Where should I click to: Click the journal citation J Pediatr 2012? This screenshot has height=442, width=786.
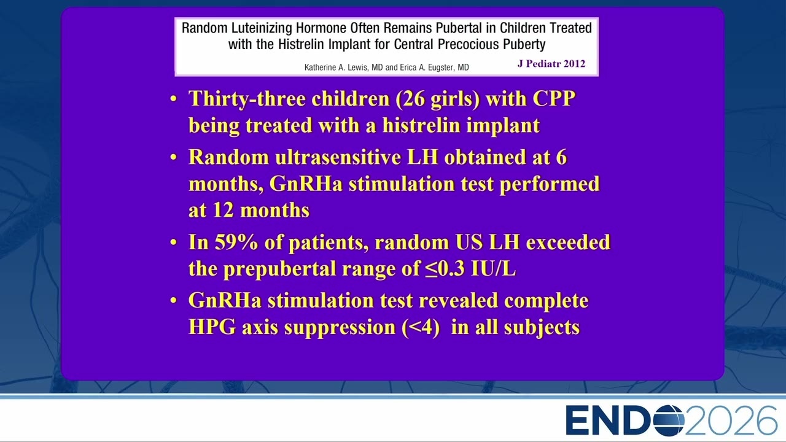[551, 64]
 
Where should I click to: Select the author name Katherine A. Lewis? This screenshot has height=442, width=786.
[337, 68]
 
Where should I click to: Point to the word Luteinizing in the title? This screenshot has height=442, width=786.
[261, 28]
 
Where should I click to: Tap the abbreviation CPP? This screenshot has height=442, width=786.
[554, 99]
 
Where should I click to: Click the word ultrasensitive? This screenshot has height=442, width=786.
[338, 157]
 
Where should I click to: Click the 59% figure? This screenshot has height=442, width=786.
[236, 242]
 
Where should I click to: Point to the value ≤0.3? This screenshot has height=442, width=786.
[445, 269]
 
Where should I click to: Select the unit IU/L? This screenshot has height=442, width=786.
[493, 269]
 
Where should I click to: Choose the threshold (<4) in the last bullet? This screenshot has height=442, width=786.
[421, 328]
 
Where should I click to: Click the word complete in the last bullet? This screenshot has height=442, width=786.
[547, 301]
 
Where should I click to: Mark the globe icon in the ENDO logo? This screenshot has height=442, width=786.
[669, 421]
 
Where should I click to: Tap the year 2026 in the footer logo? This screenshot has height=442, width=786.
[731, 421]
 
